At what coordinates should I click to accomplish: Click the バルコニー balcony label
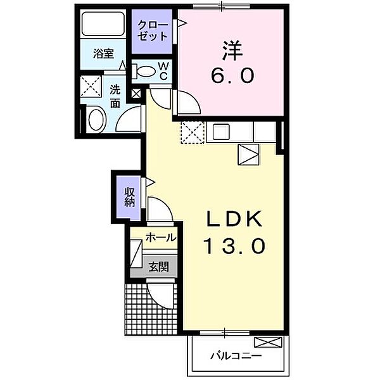coord(236,356)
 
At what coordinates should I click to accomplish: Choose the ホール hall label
coord(161,238)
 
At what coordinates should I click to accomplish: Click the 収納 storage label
coord(130,197)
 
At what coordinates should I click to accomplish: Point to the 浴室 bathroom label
coord(104,54)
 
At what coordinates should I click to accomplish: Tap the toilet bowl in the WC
coord(146,72)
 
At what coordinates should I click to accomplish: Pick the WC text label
coord(163,71)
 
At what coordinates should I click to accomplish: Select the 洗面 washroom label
coord(115,96)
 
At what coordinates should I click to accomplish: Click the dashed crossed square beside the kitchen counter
coord(191,132)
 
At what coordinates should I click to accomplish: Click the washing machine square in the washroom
coord(91,87)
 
